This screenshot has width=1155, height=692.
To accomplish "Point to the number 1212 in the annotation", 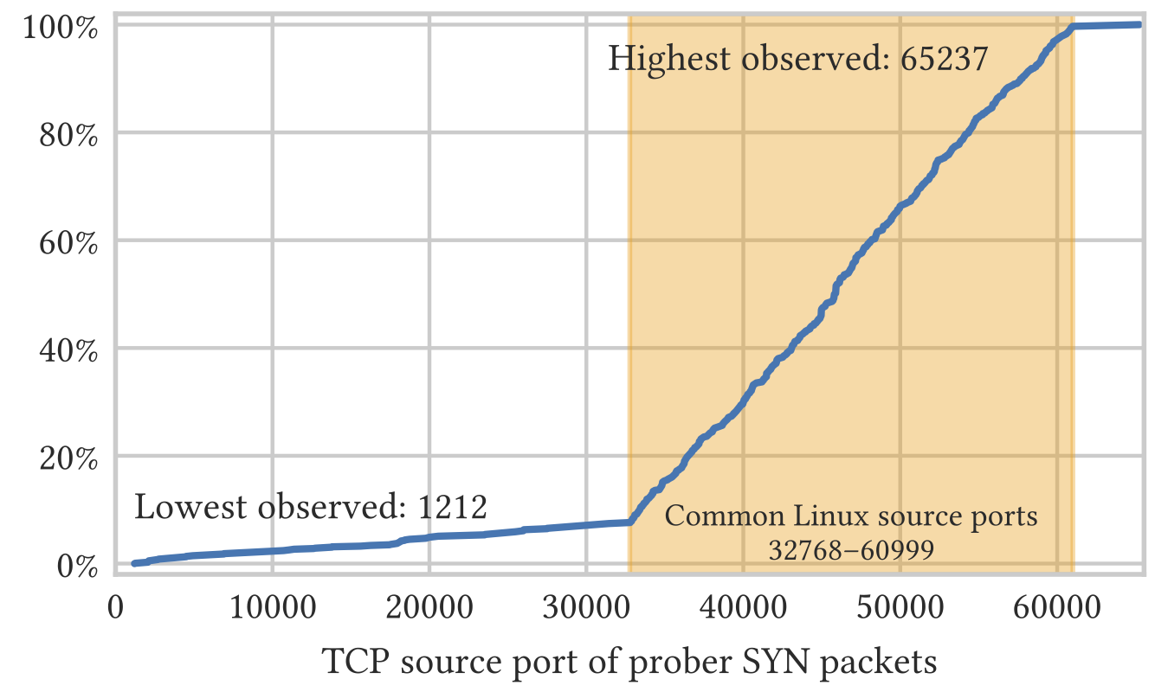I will [x=453, y=507].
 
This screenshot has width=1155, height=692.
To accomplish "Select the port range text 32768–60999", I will [x=851, y=550].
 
